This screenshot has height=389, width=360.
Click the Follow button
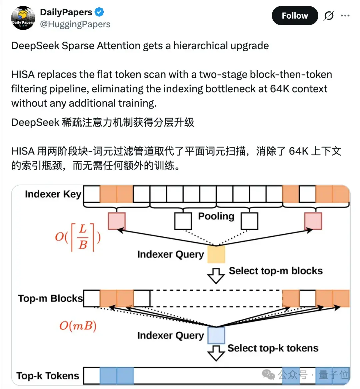[295, 16]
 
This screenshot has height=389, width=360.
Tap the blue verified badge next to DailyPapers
[99, 12]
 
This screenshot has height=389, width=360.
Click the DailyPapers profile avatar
[23, 18]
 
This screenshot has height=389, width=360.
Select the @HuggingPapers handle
[75, 24]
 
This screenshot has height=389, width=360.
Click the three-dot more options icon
[345, 16]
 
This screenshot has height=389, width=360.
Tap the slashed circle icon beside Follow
[329, 16]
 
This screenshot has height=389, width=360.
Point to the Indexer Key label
[53, 194]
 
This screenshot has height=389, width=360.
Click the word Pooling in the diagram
[216, 216]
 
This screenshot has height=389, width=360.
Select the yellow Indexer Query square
[216, 254]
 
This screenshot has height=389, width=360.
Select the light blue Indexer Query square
[216, 335]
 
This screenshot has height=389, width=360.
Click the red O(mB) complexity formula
[78, 325]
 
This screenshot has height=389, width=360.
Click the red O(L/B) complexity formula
[78, 237]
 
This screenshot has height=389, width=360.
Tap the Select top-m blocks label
[276, 271]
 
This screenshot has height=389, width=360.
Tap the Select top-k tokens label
[273, 348]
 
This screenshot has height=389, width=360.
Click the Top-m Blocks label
[50, 298]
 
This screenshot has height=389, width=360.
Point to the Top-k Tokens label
[48, 376]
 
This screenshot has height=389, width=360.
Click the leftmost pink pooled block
[117, 221]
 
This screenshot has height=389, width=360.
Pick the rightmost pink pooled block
[313, 221]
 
